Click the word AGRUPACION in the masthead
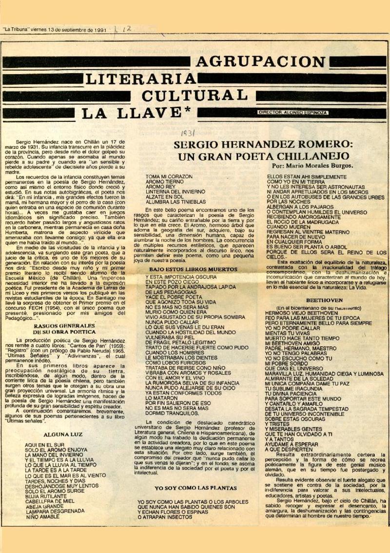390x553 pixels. (260, 62)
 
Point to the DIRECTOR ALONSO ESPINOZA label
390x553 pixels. (292, 113)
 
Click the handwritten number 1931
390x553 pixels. (188, 133)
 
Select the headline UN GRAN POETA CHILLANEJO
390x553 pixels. (263, 157)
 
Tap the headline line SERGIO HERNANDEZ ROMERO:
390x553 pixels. (263, 145)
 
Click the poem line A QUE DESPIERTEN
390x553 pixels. (289, 449)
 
